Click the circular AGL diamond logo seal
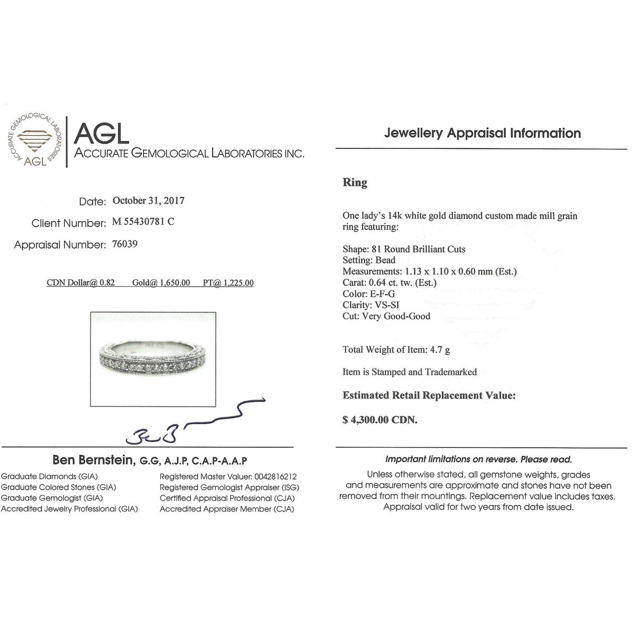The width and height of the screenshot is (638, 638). [x=32, y=140]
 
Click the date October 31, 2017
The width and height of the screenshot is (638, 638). [x=148, y=201]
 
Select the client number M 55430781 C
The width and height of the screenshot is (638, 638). [x=143, y=222]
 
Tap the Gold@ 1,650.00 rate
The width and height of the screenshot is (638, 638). [x=161, y=283]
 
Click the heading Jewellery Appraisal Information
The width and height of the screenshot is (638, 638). [x=482, y=133]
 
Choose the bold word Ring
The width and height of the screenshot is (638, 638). [x=355, y=183]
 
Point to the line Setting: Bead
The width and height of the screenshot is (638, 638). [x=369, y=260]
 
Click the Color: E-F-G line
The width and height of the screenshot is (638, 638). [x=368, y=293]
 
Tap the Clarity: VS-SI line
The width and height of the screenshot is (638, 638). [x=371, y=305]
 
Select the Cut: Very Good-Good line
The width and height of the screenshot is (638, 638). [x=387, y=316]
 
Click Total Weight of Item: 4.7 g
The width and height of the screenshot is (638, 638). [x=396, y=350]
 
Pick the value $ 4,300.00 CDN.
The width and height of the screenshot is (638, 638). [x=380, y=420]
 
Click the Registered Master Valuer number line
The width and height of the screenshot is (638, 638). [x=228, y=476]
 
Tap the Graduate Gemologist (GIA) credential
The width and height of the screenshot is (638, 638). [x=52, y=498]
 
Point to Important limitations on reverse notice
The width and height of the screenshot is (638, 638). [x=478, y=459]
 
